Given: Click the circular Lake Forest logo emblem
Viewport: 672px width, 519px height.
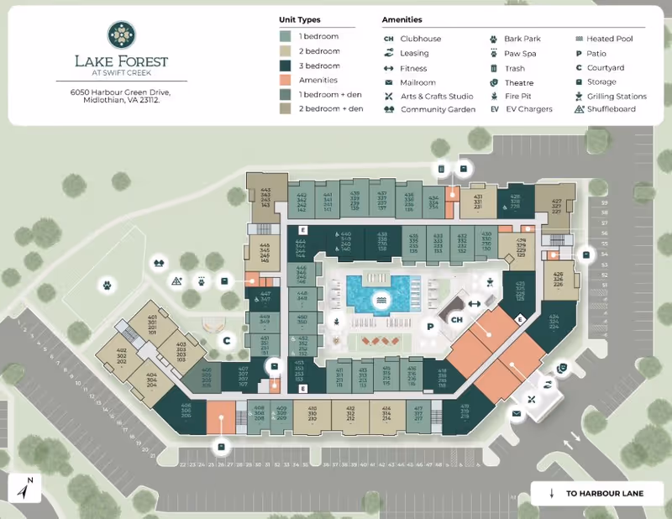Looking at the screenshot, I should (x=120, y=34).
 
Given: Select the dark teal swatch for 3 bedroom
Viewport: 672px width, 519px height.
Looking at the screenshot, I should (x=286, y=66).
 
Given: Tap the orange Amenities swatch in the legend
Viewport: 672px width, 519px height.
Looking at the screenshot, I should (x=286, y=80).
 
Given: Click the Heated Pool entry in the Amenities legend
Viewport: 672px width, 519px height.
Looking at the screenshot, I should (x=610, y=39).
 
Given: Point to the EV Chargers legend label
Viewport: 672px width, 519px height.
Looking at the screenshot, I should (x=530, y=109).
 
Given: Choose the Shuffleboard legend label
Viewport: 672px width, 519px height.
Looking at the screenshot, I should (x=611, y=109).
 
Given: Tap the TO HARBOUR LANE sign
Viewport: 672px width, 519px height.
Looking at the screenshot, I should (x=596, y=493).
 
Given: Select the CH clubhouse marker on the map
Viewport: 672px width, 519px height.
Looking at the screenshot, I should (x=457, y=320).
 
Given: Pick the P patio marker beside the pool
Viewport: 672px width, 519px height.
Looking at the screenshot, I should (x=429, y=326).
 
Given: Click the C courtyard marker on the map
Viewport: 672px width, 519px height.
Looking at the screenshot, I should (x=226, y=340).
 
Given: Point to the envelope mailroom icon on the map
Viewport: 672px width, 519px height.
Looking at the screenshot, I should (x=517, y=413).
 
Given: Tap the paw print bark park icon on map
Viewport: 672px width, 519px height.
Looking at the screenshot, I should (x=108, y=285).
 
